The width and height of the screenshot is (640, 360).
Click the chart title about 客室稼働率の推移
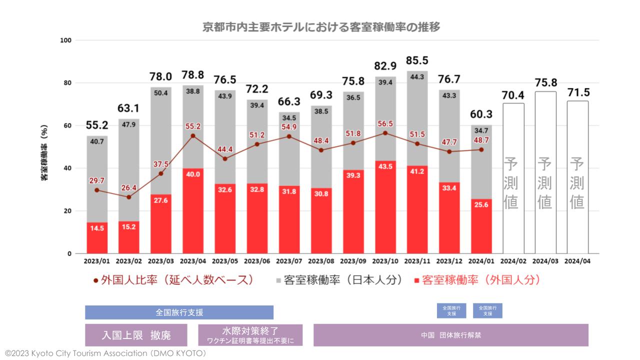click(x=321, y=27)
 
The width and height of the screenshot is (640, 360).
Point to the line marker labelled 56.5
click(x=385, y=133)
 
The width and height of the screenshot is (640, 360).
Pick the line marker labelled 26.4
click(x=129, y=197)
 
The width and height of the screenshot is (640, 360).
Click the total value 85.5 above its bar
click(x=417, y=61)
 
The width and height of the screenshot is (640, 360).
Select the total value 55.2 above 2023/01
click(x=96, y=126)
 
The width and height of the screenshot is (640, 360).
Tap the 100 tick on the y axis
click(x=65, y=40)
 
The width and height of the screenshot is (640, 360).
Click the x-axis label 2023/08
click(x=321, y=260)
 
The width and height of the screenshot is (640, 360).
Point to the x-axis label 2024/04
click(x=577, y=260)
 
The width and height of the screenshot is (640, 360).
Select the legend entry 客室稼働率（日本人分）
click(x=340, y=280)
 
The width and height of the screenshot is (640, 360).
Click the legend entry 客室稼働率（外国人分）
click(x=478, y=280)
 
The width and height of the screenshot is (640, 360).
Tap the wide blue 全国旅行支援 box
click(x=179, y=312)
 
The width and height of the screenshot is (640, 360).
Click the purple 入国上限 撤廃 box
click(x=136, y=335)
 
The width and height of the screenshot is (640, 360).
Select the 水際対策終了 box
click(x=250, y=335)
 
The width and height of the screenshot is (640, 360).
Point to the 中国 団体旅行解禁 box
click(x=450, y=335)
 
